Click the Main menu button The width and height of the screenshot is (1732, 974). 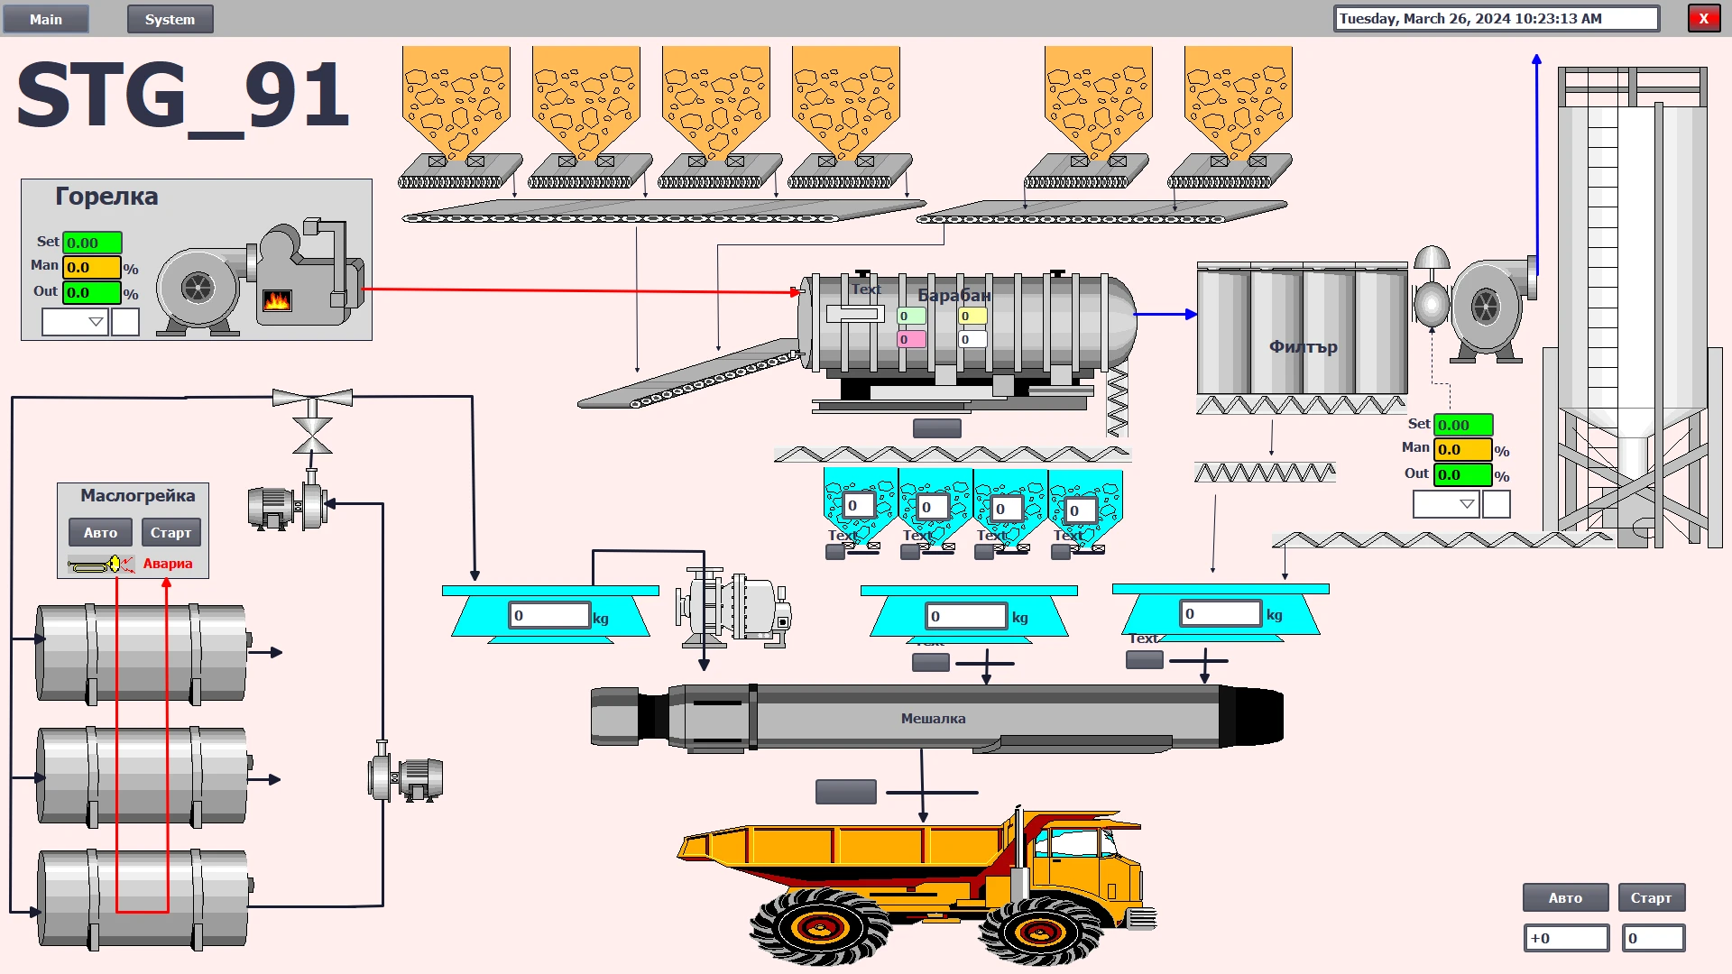pos(46,19)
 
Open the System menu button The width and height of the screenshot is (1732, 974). pos(170,19)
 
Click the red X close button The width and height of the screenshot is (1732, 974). pos(1703,19)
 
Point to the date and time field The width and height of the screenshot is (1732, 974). pos(1496,19)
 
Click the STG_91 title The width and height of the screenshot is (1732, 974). pos(183,96)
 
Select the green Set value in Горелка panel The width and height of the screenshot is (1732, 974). pos(92,243)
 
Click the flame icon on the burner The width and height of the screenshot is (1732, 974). pos(277,300)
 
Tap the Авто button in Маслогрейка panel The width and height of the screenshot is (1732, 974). pos(100,533)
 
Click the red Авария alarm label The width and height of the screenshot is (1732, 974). pos(168,564)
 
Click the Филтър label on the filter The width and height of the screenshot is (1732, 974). pos(1303,347)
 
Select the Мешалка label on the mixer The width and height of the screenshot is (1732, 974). pos(933,719)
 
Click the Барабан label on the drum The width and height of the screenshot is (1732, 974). pos(954,296)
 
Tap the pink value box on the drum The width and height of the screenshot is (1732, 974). pos(911,340)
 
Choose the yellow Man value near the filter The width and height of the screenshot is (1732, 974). pos(1462,449)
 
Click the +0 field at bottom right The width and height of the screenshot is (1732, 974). pos(1566,939)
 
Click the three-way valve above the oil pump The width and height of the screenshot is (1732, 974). pos(312,398)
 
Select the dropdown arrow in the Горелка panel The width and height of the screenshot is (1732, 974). pos(96,322)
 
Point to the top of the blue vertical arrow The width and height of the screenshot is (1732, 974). pos(1536,59)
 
